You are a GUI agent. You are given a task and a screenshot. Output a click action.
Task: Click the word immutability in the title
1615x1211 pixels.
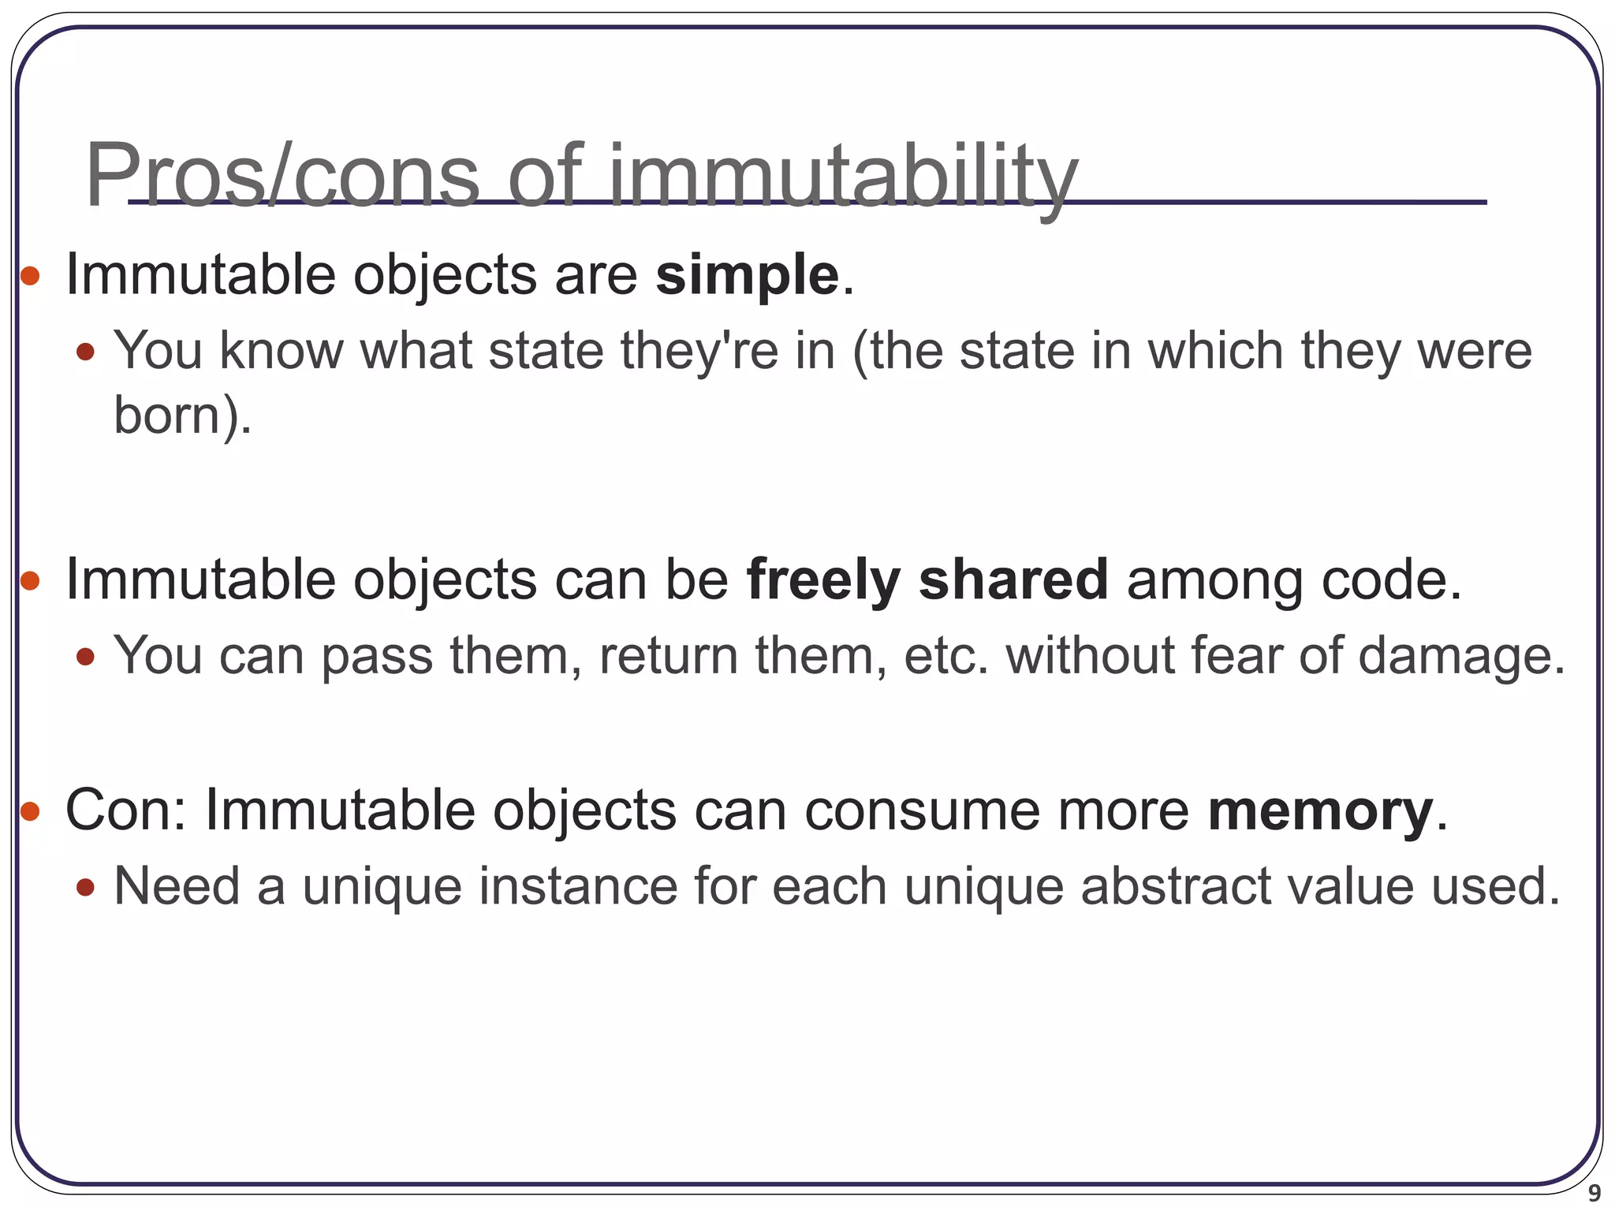tap(843, 175)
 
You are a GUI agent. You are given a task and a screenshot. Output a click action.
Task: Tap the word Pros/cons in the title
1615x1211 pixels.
tap(282, 175)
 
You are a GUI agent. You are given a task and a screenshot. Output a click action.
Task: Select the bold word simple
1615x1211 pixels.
tap(747, 276)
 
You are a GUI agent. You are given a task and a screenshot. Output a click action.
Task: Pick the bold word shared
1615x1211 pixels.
tap(1013, 580)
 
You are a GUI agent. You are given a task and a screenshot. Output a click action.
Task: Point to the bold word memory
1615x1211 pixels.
tap(1320, 810)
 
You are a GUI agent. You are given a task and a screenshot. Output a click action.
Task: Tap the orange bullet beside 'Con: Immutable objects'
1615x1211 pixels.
tap(30, 810)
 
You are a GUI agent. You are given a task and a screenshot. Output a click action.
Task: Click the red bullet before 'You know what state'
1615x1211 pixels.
tap(85, 351)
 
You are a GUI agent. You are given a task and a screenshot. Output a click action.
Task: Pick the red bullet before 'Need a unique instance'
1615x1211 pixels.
tap(85, 888)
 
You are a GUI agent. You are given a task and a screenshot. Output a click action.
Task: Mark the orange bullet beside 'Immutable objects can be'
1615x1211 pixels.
tap(30, 581)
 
